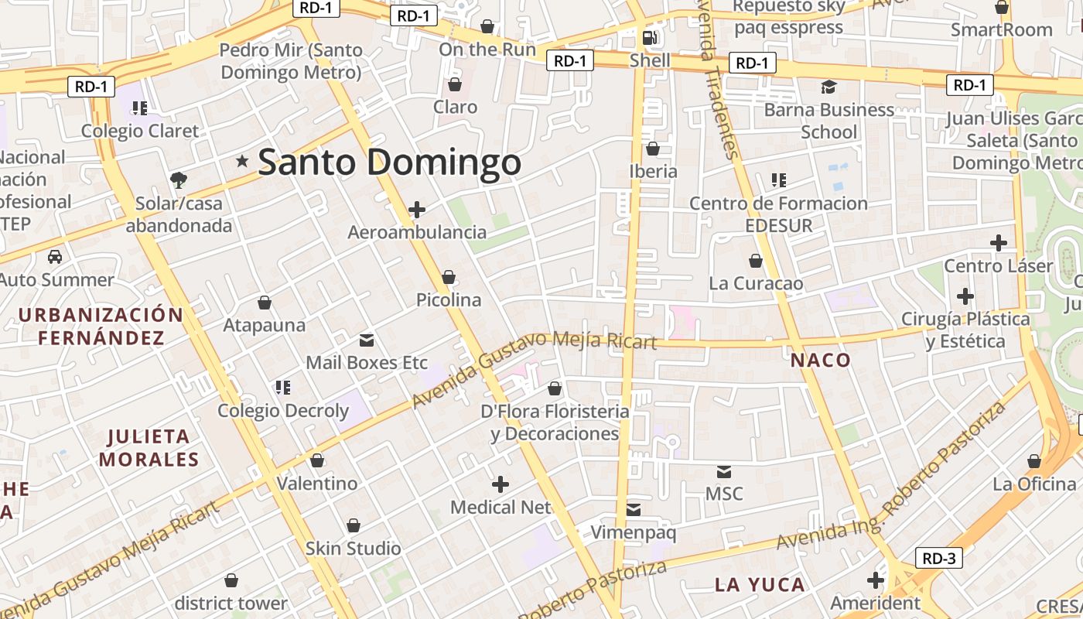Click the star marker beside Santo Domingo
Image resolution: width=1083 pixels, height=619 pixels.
[242, 161]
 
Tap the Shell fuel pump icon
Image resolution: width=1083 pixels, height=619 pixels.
[650, 37]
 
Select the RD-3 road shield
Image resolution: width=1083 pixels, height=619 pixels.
[939, 558]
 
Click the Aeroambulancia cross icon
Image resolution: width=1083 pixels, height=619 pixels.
[417, 210]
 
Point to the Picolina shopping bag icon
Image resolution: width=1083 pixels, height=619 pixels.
[449, 277]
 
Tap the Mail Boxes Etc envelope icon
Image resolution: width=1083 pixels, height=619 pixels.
[367, 340]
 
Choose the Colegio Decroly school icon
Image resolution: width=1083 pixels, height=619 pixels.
[282, 387]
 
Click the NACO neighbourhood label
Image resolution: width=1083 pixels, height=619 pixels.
[820, 360]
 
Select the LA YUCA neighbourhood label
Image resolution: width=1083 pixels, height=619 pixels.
[760, 584]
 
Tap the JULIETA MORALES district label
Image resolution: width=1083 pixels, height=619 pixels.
[149, 448]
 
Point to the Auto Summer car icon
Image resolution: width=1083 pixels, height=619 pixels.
[55, 257]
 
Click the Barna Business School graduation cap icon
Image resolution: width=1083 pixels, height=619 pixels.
[828, 87]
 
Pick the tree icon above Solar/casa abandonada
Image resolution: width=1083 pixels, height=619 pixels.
[179, 180]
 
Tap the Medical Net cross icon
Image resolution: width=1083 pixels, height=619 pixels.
[501, 484]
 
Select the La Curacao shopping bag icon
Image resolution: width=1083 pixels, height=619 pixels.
[755, 261]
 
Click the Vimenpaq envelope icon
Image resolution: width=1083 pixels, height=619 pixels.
[634, 509]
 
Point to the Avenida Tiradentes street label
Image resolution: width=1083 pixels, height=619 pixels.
[716, 85]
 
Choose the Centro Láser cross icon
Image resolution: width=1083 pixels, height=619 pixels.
[998, 243]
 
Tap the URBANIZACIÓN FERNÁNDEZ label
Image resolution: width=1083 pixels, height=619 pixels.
[101, 326]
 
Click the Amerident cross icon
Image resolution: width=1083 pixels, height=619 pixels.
[875, 580]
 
